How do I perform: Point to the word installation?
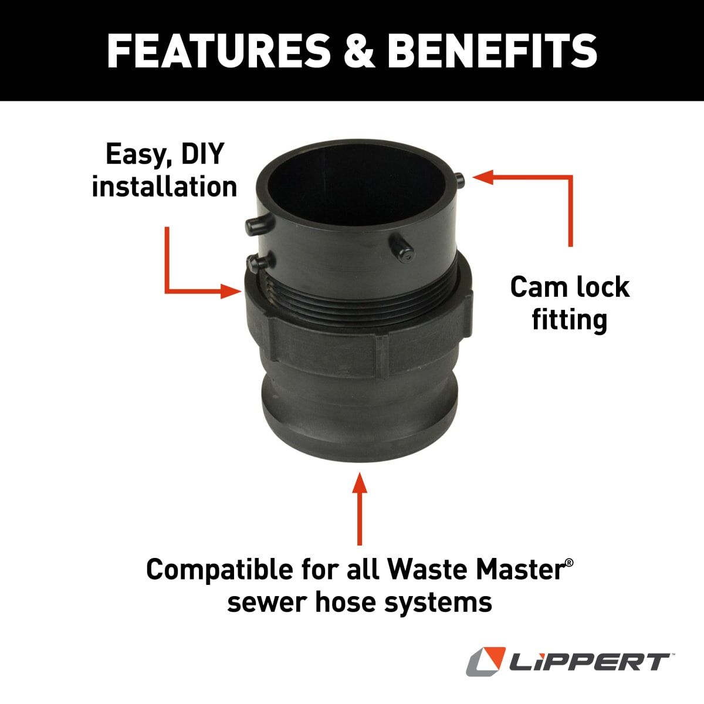(165, 187)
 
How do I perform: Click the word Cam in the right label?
(533, 287)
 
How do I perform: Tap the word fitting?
(569, 320)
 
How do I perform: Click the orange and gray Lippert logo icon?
(486, 662)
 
